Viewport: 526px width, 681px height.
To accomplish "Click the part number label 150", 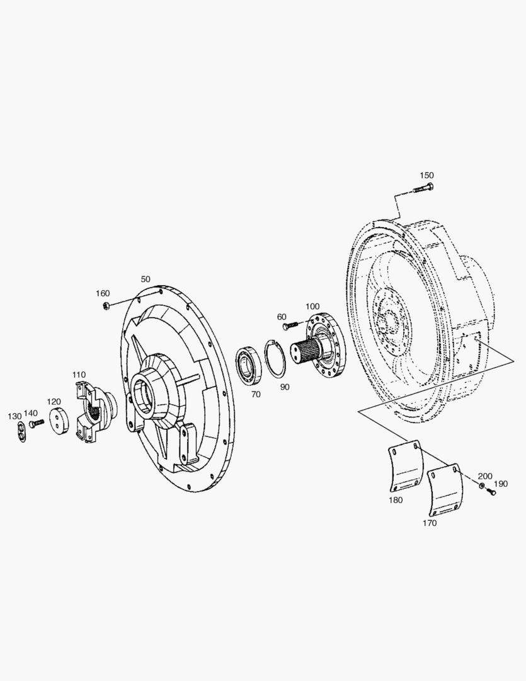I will click(x=426, y=175).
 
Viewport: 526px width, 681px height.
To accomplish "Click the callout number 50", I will click(x=146, y=279).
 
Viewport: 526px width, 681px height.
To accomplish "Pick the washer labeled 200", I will click(x=482, y=487).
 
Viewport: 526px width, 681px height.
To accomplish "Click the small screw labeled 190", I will click(x=491, y=492).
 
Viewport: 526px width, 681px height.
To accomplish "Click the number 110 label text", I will click(x=78, y=375).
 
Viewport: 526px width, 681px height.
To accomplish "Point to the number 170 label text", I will click(x=430, y=523).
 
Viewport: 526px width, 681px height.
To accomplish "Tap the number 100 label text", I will click(x=312, y=306).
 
